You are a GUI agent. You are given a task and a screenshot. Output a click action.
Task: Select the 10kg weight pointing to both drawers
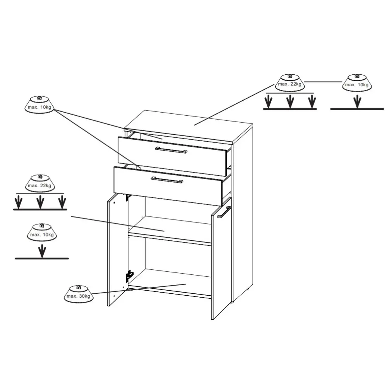(x=39, y=105)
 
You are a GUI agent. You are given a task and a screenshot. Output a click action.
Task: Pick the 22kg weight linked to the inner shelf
(x=40, y=183)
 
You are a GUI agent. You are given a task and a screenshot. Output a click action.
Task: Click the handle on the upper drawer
(x=171, y=150)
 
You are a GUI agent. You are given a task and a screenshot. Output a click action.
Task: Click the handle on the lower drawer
(x=167, y=180)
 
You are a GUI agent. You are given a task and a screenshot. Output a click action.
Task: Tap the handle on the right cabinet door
(x=224, y=212)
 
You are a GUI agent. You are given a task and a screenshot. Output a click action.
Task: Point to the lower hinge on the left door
(x=129, y=276)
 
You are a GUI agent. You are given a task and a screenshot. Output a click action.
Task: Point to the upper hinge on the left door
(x=128, y=197)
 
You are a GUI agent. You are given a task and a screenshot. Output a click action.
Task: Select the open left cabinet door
(x=118, y=249)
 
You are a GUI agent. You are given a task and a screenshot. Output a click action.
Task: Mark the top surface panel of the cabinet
(x=188, y=126)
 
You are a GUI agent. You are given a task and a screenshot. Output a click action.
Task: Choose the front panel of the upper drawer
(x=172, y=156)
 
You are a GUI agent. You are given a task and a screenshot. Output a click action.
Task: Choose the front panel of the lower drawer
(x=168, y=186)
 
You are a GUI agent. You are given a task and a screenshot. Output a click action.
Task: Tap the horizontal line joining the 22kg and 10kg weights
(x=323, y=82)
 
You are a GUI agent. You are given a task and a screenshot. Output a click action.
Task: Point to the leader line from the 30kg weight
(x=139, y=289)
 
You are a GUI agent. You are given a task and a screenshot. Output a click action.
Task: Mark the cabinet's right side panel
(x=243, y=214)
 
